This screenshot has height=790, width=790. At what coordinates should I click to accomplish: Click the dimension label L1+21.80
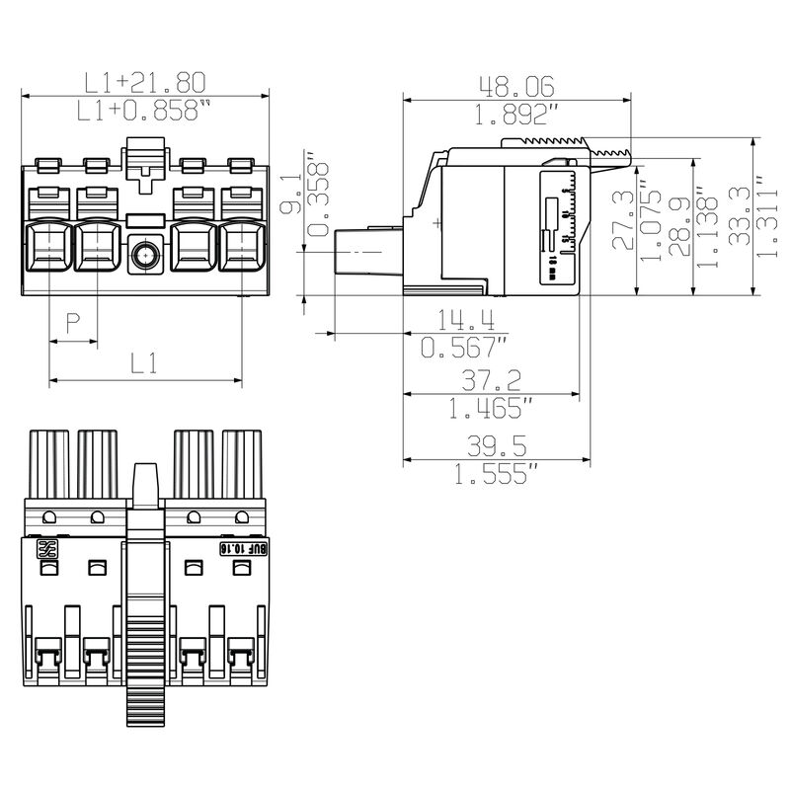point(144,82)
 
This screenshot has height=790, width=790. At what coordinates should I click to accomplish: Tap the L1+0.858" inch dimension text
point(145,110)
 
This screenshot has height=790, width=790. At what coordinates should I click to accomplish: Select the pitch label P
point(72,322)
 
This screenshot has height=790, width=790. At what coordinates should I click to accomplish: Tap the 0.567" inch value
point(463,347)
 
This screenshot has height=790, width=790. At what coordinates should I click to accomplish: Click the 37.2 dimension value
point(492,380)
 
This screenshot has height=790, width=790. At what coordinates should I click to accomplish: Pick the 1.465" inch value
point(491,407)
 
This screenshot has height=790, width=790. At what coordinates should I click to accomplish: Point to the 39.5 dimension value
point(497,446)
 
